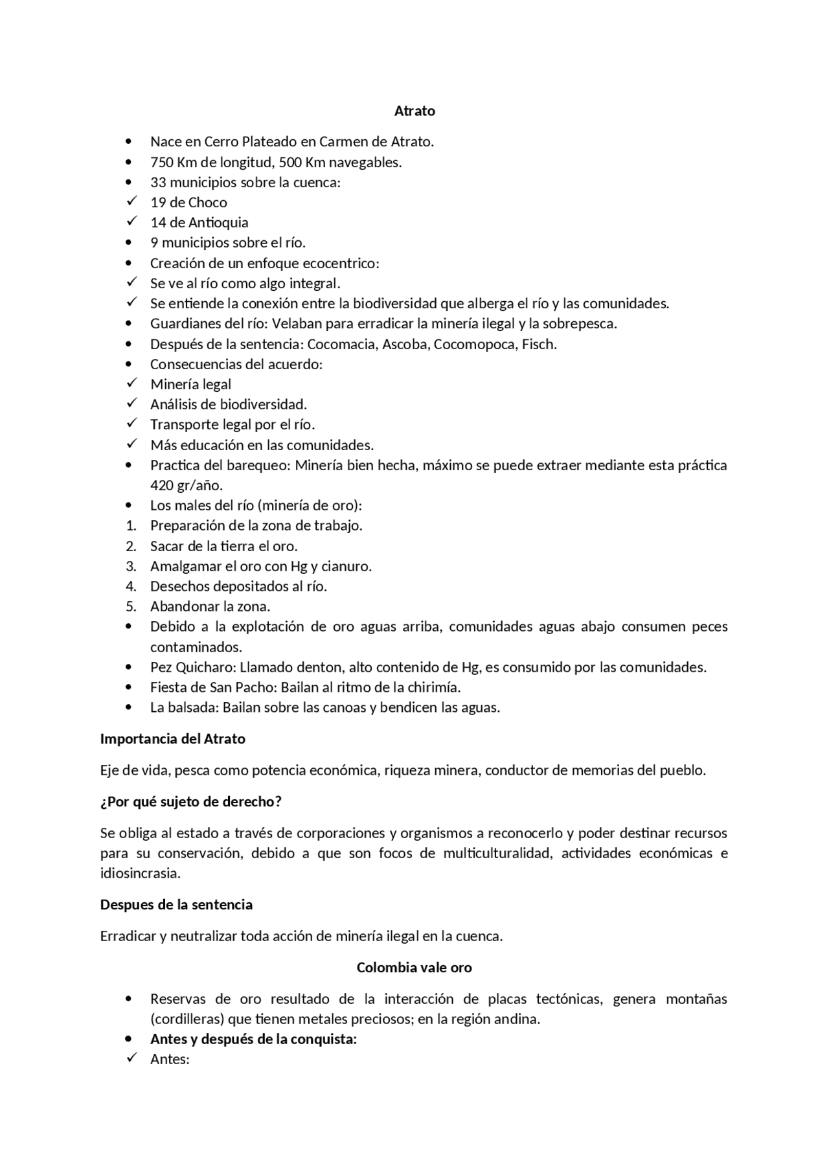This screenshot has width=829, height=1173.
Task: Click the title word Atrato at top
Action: tap(414, 111)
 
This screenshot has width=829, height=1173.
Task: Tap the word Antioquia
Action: tap(218, 222)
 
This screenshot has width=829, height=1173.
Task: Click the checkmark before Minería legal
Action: tap(132, 383)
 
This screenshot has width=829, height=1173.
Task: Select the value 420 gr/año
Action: tap(186, 485)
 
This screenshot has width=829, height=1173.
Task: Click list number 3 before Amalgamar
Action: tap(131, 566)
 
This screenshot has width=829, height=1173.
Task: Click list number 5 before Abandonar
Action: tap(131, 606)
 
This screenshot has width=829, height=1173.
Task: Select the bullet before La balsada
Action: tap(131, 707)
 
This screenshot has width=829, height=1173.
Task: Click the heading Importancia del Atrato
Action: tap(172, 738)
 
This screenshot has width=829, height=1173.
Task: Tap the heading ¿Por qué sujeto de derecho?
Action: tap(190, 801)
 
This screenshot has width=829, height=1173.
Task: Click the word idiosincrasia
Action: tap(140, 873)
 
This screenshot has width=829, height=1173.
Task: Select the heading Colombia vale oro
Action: tap(414, 967)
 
